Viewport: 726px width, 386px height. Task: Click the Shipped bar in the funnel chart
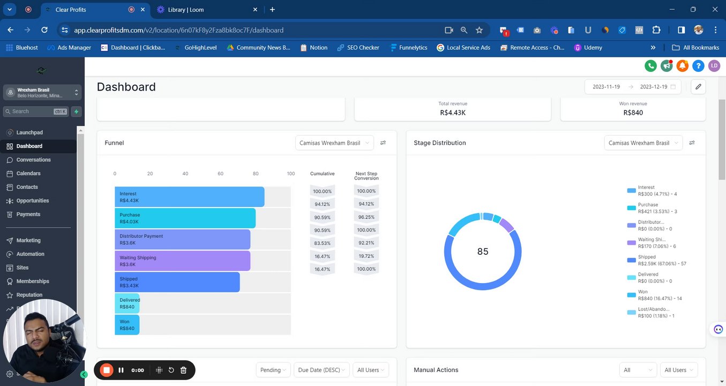point(177,282)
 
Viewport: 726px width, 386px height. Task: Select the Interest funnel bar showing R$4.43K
point(189,197)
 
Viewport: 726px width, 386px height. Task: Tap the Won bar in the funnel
point(127,325)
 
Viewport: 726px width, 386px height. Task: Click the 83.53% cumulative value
point(322,243)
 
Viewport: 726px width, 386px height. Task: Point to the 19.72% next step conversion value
point(366,256)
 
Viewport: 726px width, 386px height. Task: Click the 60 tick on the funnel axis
point(220,174)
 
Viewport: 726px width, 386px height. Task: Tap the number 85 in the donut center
point(483,251)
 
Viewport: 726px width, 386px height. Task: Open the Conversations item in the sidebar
point(33,160)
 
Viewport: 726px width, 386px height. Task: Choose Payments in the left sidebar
point(28,214)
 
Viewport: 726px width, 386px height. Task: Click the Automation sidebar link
point(30,254)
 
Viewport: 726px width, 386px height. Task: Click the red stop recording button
point(107,370)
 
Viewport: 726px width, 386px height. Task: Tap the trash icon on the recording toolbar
point(183,370)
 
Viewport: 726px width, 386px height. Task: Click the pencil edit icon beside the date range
point(698,87)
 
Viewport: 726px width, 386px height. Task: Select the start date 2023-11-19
point(606,87)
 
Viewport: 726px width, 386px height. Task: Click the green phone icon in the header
point(650,66)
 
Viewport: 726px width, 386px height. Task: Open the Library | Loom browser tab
point(185,10)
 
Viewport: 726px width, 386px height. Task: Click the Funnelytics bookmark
point(409,48)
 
